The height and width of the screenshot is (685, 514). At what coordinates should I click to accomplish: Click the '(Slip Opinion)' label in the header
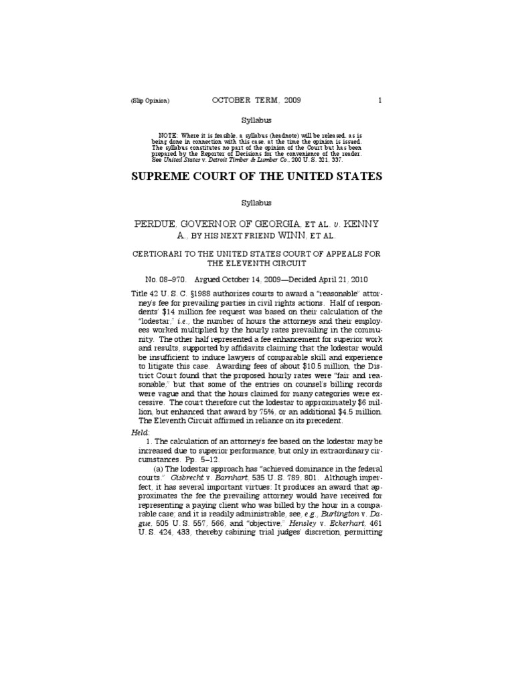(x=151, y=101)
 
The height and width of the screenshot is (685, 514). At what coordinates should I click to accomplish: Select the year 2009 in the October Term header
(x=291, y=100)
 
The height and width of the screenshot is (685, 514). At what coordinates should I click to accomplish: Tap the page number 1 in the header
(x=379, y=100)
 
